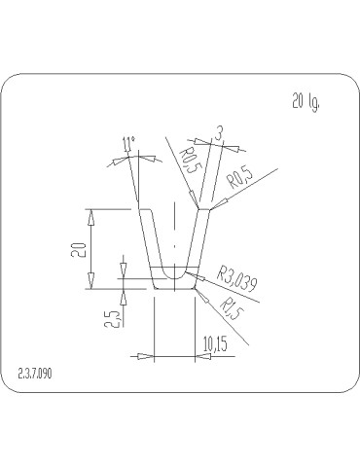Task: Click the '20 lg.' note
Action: (306, 101)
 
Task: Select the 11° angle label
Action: (128, 144)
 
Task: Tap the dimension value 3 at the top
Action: (219, 133)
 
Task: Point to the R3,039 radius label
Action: (237, 279)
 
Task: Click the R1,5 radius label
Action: (232, 308)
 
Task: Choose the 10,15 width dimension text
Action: (215, 344)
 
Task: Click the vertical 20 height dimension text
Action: (79, 250)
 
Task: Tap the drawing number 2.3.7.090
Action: (35, 374)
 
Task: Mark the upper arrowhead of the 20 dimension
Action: (91, 217)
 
